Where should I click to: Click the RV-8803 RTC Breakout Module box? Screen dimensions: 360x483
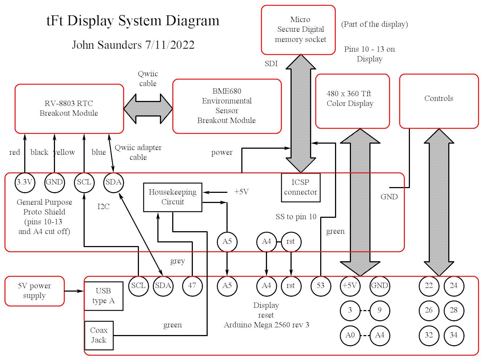click(x=69, y=109)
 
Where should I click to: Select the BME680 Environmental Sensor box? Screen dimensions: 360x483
click(x=227, y=106)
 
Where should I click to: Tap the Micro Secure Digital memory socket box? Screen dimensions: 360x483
click(x=298, y=30)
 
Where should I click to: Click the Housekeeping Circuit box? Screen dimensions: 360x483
click(x=173, y=197)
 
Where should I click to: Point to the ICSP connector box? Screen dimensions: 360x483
click(x=301, y=187)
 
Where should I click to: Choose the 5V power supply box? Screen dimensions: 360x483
click(x=35, y=291)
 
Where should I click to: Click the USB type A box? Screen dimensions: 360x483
click(x=103, y=296)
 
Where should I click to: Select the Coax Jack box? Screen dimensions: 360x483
click(x=99, y=335)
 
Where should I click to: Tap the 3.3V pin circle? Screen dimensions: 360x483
click(x=25, y=182)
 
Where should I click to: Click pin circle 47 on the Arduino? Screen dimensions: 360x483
click(x=192, y=285)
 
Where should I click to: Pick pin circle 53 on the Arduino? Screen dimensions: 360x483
click(x=321, y=285)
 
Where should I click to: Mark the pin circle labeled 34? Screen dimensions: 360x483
click(x=454, y=335)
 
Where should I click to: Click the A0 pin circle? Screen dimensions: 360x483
click(x=350, y=335)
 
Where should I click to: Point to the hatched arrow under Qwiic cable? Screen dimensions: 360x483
click(x=148, y=108)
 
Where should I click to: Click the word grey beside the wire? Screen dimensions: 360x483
click(x=177, y=261)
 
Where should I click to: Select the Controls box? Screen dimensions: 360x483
click(x=439, y=101)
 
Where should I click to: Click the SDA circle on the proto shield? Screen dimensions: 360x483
click(x=114, y=182)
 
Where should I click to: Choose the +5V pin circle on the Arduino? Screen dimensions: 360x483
click(x=350, y=285)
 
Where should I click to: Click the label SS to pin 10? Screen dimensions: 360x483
click(x=296, y=217)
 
